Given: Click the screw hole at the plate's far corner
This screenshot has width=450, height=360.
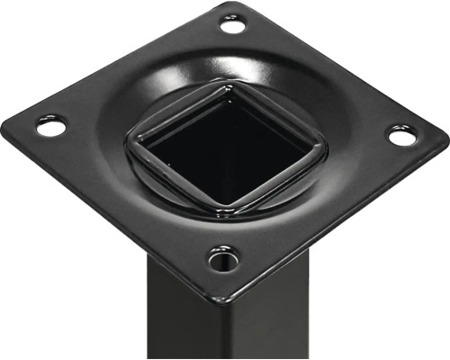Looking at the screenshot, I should coord(233,25).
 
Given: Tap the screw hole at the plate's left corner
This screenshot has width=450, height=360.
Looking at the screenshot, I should coord(51,127).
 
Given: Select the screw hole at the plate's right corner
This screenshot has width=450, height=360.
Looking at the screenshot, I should coord(402,136).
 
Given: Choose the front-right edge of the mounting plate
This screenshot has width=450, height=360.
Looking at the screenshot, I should coord(342,216).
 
